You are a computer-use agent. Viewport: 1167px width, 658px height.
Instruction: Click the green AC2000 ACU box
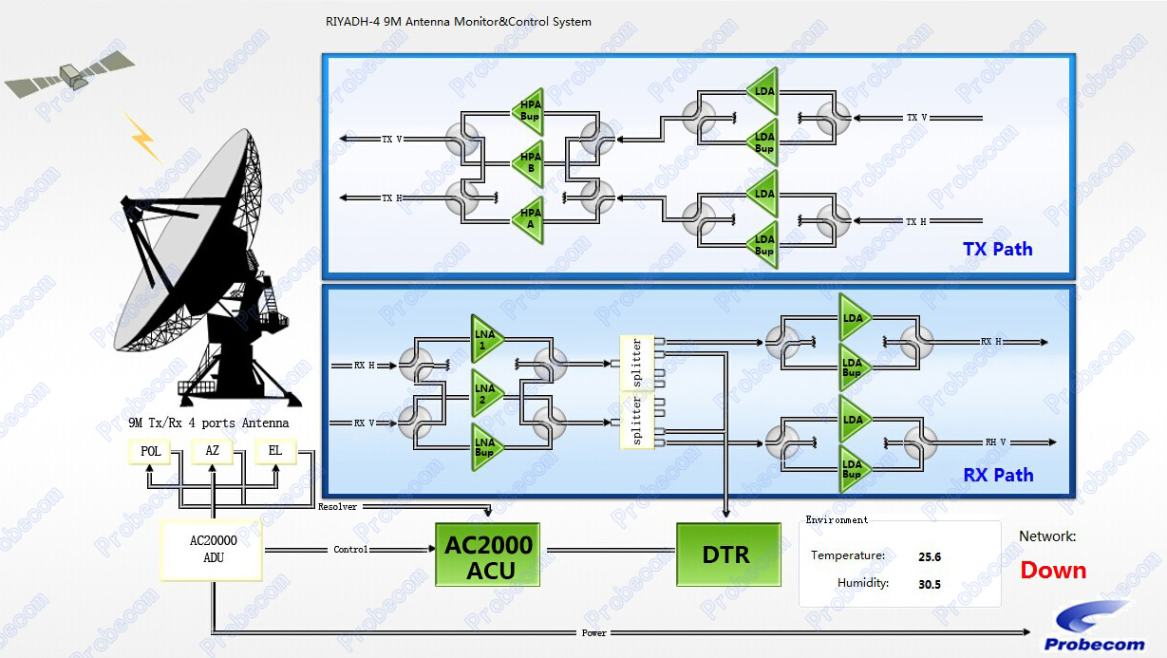click(x=487, y=554)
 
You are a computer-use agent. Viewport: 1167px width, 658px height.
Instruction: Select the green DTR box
click(x=727, y=554)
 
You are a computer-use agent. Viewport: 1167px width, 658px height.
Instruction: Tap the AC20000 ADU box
click(x=214, y=550)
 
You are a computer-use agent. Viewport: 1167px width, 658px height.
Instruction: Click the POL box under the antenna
click(x=150, y=451)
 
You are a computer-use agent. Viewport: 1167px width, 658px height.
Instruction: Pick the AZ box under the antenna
click(x=213, y=451)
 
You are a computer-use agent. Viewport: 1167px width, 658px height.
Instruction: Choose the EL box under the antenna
click(x=275, y=451)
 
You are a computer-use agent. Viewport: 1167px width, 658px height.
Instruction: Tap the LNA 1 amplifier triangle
click(x=487, y=340)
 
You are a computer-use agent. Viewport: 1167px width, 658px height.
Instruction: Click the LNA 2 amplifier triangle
click(x=487, y=393)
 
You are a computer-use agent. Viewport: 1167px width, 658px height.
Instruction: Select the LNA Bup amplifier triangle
click(x=487, y=447)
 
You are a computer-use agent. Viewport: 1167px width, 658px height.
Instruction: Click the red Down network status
click(x=1053, y=570)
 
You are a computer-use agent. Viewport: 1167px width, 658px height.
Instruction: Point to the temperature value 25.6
click(x=930, y=556)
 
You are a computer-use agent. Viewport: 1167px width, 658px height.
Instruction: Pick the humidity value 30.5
click(x=930, y=584)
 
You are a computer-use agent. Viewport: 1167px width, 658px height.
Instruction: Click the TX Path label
click(x=997, y=249)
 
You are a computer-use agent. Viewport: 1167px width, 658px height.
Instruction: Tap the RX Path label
click(x=998, y=475)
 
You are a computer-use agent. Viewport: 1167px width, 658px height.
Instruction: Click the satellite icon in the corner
click(x=68, y=74)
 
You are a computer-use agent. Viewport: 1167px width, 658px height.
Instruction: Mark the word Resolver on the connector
click(x=337, y=507)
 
